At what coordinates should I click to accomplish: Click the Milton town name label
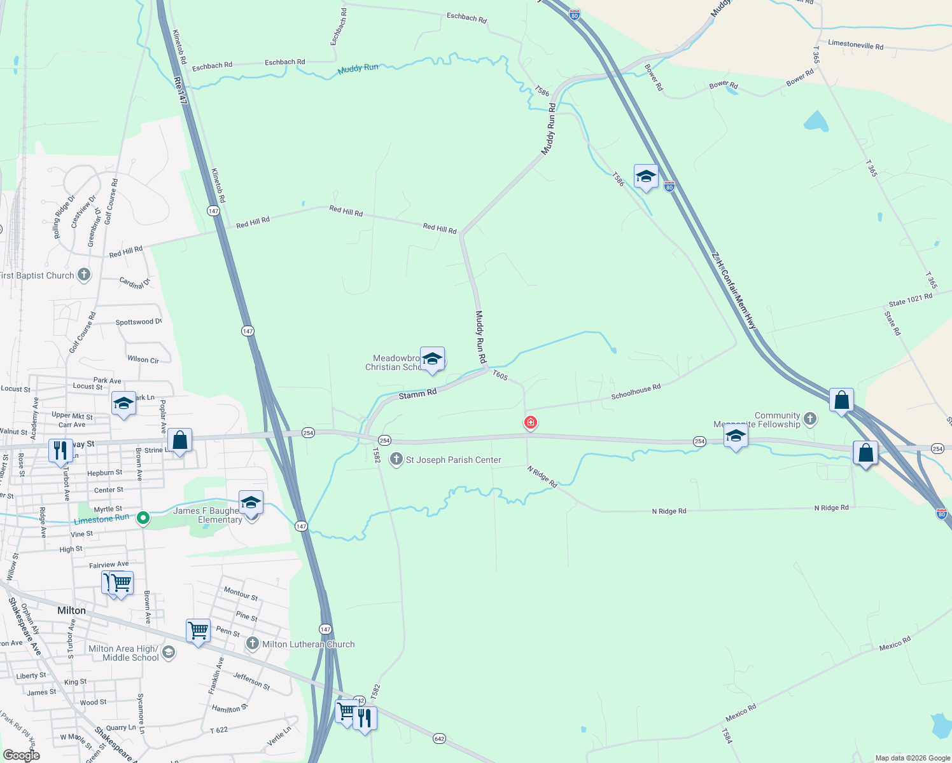(x=71, y=610)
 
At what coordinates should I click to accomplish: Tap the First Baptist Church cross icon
(x=84, y=275)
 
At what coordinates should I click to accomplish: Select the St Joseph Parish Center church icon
(x=396, y=460)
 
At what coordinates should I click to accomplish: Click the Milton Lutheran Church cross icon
(x=253, y=644)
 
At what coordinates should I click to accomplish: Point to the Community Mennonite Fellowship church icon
(x=809, y=418)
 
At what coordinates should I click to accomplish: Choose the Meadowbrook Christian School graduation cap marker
(x=432, y=359)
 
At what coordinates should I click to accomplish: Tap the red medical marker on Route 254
(x=530, y=422)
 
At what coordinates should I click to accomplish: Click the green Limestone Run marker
(x=143, y=518)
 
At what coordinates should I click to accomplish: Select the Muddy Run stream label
(x=358, y=68)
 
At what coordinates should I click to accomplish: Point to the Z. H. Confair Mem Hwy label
(x=734, y=290)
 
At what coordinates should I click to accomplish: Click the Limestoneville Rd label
(x=855, y=45)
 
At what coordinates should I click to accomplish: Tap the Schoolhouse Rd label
(x=636, y=391)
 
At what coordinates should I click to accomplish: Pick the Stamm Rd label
(x=417, y=394)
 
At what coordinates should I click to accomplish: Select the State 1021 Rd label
(x=910, y=299)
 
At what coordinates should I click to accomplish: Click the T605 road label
(x=500, y=376)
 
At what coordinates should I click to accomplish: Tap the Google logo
(x=21, y=755)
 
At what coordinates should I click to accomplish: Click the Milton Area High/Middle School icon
(x=169, y=652)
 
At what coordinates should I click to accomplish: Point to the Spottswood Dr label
(x=139, y=322)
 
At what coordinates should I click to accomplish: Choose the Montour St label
(x=241, y=593)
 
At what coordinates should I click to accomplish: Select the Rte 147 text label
(x=180, y=90)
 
